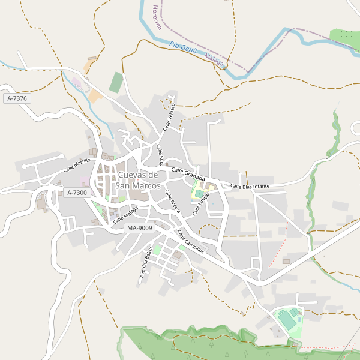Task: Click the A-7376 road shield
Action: click(18, 98)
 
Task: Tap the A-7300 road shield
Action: click(77, 193)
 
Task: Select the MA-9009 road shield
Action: click(140, 228)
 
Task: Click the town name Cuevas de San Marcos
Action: click(138, 180)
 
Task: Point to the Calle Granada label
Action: click(188, 175)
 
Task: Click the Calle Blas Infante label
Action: click(250, 187)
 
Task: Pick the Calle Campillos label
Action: click(190, 241)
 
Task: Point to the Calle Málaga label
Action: click(125, 215)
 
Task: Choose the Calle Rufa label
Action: click(160, 155)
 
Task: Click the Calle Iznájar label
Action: click(201, 205)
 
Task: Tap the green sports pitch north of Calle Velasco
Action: click(116, 82)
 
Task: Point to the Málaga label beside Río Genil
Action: click(214, 60)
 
